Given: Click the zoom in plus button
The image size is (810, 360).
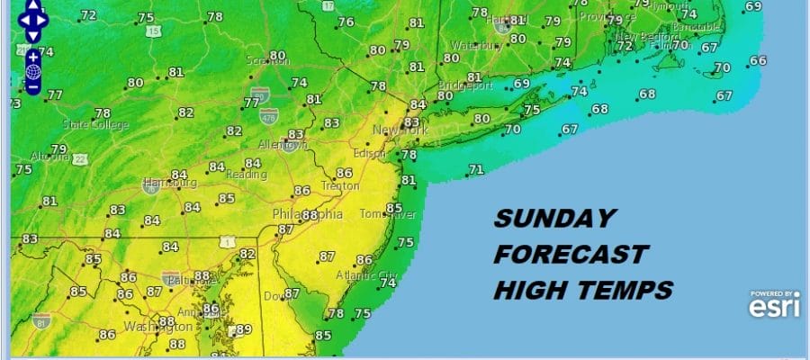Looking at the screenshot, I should pyautogui.click(x=33, y=57).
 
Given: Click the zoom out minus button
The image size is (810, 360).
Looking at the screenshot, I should pyautogui.click(x=33, y=87).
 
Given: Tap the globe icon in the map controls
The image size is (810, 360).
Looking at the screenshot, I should pyautogui.click(x=33, y=72).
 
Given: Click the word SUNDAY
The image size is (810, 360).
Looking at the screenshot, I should pyautogui.click(x=554, y=218).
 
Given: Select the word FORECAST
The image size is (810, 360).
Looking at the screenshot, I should pyautogui.click(x=571, y=255).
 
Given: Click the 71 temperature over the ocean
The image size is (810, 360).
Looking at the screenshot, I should pyautogui.click(x=476, y=169).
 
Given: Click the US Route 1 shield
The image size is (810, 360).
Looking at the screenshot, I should pyautogui.click(x=228, y=243).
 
